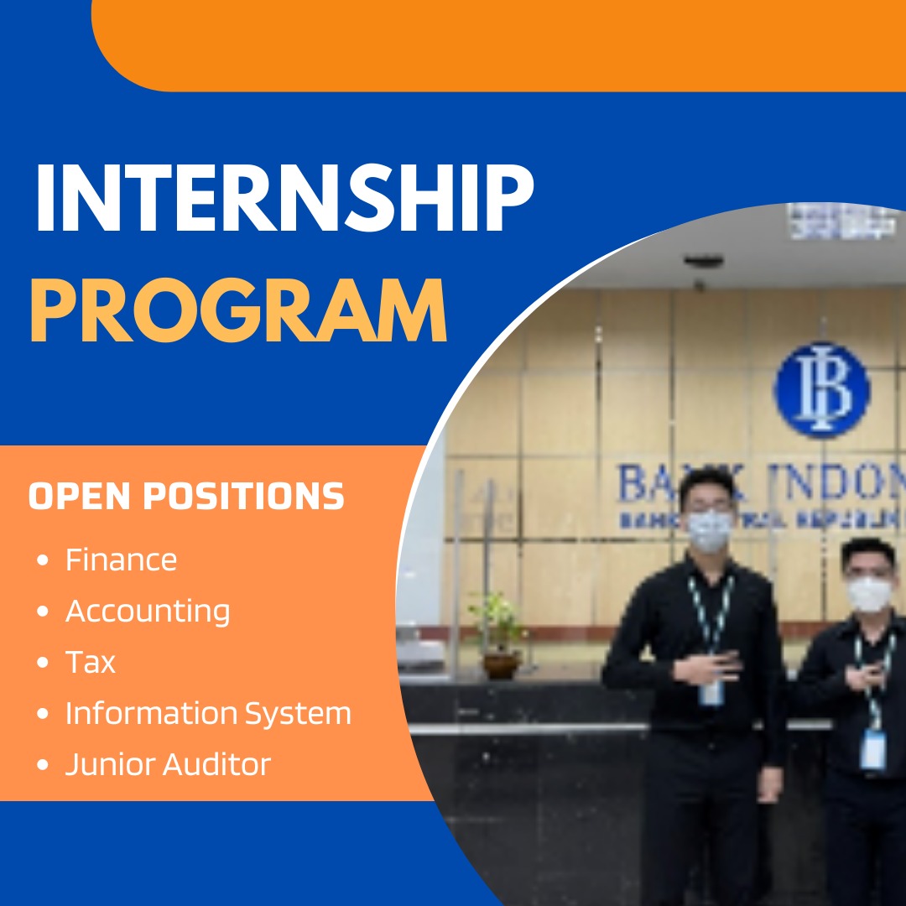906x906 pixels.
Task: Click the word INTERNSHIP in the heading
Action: click(284, 201)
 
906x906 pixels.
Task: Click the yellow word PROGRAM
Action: click(238, 311)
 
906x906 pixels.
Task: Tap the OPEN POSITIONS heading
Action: click(186, 497)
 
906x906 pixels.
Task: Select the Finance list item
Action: click(121, 560)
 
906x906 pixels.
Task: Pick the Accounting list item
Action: click(148, 611)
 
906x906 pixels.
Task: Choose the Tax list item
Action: click(91, 662)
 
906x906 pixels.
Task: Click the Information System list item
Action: click(208, 713)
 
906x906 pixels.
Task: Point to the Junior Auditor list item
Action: click(168, 764)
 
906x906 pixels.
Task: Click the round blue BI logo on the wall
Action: click(821, 389)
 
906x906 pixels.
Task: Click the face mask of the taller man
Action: click(709, 530)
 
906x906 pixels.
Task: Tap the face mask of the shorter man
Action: click(868, 594)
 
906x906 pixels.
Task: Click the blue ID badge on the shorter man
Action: click(873, 749)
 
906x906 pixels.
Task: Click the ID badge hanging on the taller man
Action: click(711, 691)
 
